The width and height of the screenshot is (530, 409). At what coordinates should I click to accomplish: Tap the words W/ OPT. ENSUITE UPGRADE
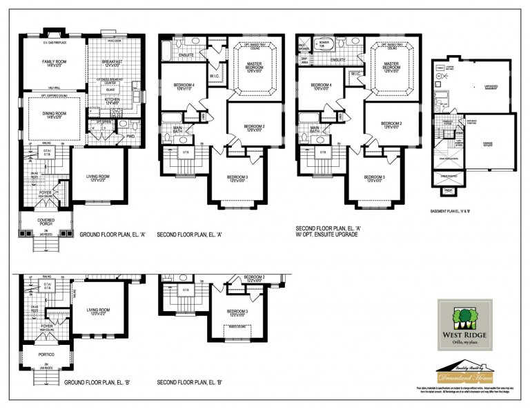pyautogui.click(x=331, y=241)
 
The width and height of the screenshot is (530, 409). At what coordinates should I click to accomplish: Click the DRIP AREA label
pyautogui.click(x=304, y=61)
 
